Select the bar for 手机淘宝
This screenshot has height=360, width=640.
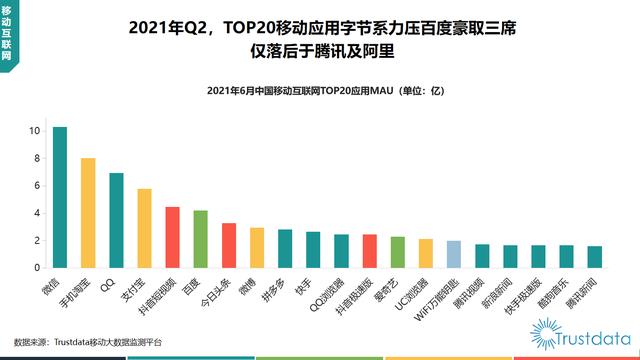88,213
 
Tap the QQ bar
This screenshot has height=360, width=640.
116,221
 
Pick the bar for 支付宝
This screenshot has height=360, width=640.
144,229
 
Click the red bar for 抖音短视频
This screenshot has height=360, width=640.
172,238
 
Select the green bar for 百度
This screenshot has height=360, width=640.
200,240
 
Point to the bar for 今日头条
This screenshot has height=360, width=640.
229,246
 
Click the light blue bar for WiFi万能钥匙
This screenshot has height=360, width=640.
426,255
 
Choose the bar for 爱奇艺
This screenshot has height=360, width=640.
369,253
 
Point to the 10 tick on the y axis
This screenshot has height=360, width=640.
35,131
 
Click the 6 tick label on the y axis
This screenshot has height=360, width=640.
36,186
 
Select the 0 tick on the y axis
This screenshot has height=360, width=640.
36,268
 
